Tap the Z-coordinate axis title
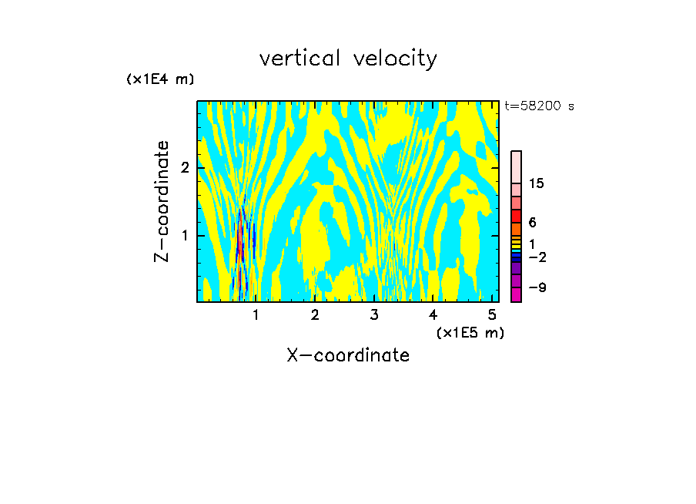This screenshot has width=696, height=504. (x=162, y=201)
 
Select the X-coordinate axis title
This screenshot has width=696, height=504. (x=348, y=355)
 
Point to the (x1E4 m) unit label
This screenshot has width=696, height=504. (x=160, y=79)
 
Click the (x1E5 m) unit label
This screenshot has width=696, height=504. (x=470, y=332)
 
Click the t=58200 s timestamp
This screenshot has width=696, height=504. (x=539, y=106)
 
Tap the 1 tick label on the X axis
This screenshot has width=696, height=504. (x=256, y=315)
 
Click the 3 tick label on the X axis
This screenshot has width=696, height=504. (x=374, y=315)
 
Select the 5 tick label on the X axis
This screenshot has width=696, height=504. (x=492, y=315)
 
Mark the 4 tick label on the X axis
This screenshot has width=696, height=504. (x=433, y=315)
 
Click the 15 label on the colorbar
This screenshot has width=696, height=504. (x=537, y=183)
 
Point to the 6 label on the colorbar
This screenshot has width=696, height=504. (x=532, y=223)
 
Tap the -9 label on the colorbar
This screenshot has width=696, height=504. (x=537, y=288)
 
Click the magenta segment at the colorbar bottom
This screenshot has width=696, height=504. (x=516, y=294)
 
